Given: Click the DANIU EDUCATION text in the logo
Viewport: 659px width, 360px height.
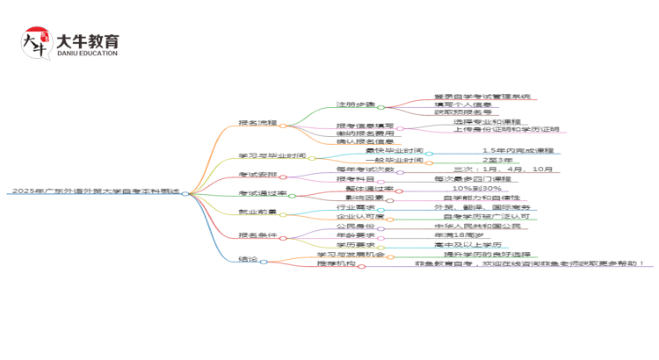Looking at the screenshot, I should click(x=86, y=53).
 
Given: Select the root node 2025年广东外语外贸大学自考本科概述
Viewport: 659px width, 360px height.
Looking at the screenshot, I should click(x=97, y=191).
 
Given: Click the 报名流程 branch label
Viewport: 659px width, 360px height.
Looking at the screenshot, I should click(x=257, y=123).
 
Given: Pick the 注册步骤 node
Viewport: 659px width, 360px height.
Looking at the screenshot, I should click(x=355, y=104).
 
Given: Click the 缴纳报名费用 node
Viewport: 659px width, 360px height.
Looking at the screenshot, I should click(x=364, y=133).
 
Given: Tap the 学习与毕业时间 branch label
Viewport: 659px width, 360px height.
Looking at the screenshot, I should click(x=272, y=157).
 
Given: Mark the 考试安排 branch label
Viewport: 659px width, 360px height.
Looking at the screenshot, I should click(x=257, y=175).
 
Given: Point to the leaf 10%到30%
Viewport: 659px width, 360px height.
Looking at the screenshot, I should click(x=477, y=188).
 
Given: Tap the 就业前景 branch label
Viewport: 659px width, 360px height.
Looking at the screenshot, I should click(x=257, y=212).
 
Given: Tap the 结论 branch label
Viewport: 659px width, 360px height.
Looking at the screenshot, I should click(x=249, y=260).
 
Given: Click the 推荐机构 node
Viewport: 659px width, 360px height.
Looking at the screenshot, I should click(x=336, y=263).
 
